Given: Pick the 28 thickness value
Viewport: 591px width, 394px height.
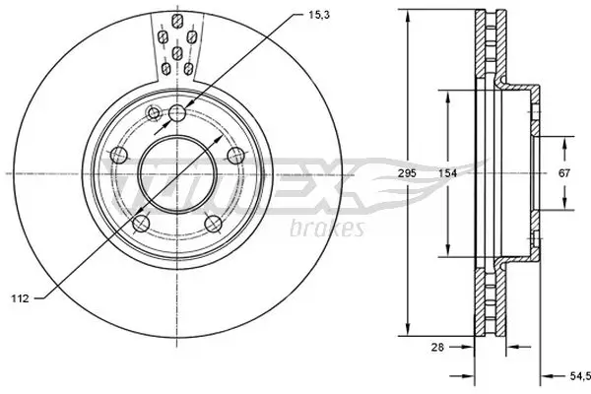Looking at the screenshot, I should point(438,347).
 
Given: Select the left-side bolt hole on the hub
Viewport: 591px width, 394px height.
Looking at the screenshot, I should point(117,155).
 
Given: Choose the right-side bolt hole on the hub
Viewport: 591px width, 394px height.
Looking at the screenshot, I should point(235,155).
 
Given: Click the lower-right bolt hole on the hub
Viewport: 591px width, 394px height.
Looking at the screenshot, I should point(214,224).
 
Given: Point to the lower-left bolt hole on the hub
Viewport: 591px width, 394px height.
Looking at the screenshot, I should point(140,224).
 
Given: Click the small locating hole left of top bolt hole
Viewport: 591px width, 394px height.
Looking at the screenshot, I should point(154,115).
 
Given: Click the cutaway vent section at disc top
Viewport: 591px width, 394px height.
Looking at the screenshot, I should point(176,44).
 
